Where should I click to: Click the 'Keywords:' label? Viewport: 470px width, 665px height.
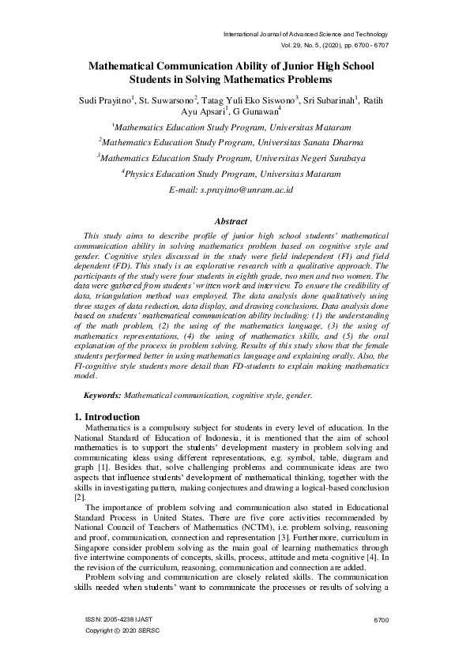tap(103, 395)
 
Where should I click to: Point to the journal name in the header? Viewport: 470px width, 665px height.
tap(306, 35)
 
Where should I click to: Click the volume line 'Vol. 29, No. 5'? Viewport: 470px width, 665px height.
tap(312, 47)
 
